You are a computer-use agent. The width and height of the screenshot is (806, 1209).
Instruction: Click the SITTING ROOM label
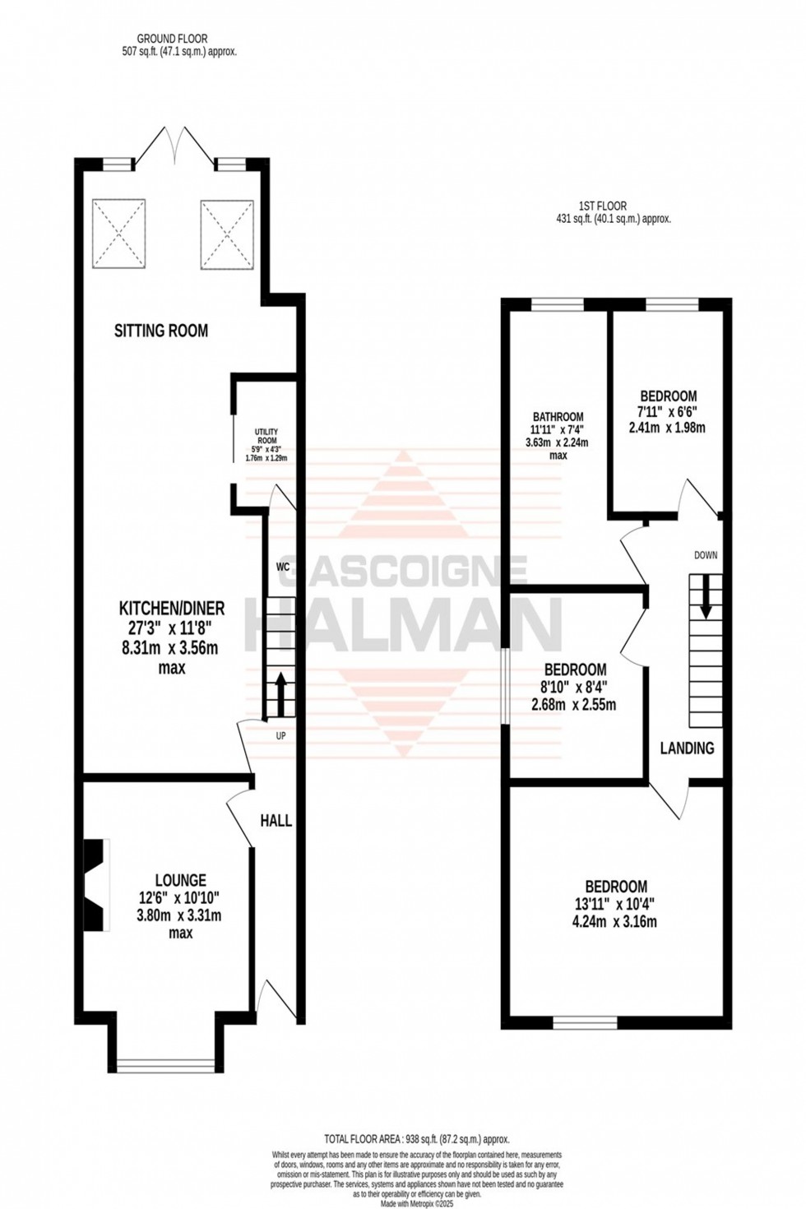pyautogui.click(x=161, y=331)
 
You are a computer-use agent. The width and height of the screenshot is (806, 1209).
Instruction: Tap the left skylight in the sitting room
pyautogui.click(x=118, y=233)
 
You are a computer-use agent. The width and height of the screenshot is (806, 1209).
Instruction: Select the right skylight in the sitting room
pyautogui.click(x=224, y=233)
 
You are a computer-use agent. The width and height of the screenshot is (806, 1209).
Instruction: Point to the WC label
pyautogui.click(x=281, y=567)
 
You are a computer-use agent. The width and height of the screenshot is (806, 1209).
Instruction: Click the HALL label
pyautogui.click(x=276, y=820)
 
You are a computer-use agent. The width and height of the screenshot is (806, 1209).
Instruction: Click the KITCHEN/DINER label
pyautogui.click(x=172, y=609)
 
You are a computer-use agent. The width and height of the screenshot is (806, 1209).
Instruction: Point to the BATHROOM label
pyautogui.click(x=557, y=417)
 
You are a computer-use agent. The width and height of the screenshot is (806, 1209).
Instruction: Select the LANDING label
pyautogui.click(x=688, y=748)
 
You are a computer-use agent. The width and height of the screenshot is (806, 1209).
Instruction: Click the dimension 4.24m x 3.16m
pyautogui.click(x=615, y=921)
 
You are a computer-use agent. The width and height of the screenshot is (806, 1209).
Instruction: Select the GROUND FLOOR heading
pyautogui.click(x=172, y=38)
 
